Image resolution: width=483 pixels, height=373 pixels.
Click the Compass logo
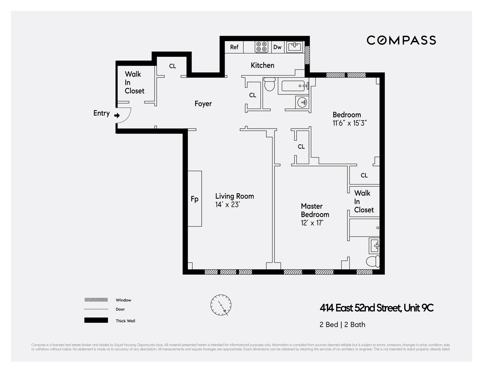tap(401, 40)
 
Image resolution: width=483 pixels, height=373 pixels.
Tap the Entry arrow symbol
tap(117, 115)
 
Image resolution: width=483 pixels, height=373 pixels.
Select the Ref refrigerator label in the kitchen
tap(234, 47)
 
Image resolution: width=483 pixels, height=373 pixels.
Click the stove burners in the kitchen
tap(262, 47)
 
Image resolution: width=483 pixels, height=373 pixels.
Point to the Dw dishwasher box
tap(277, 47)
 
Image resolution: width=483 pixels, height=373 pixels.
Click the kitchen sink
tap(295, 47)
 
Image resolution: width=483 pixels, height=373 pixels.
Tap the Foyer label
tap(203, 104)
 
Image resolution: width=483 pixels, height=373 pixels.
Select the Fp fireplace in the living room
tap(194, 199)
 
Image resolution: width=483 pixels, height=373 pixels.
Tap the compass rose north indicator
tap(221, 305)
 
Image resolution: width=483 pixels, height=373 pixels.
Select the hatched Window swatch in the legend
tap(96, 300)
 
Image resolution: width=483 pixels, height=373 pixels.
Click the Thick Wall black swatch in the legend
tap(96, 320)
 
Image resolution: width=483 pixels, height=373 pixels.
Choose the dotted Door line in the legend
tap(96, 309)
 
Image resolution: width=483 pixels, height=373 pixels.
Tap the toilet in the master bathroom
tap(372, 262)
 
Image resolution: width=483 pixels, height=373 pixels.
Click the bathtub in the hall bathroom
tap(293, 86)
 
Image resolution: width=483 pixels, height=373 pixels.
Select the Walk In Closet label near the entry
tap(134, 82)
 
